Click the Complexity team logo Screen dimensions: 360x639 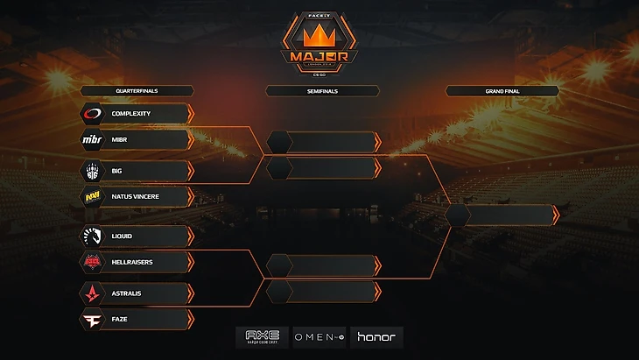93,114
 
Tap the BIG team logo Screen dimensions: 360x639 93,171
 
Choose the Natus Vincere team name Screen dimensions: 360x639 136,197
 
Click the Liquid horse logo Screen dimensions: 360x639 93,236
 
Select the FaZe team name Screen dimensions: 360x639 120,320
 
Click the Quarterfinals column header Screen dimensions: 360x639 137,90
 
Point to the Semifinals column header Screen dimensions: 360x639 322,90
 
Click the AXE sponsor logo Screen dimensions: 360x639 262,337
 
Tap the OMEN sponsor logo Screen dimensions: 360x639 319,337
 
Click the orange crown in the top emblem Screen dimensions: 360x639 319,37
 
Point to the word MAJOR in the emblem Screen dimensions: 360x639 319,57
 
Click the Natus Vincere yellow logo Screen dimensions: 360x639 93,197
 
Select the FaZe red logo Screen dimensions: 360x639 93,320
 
